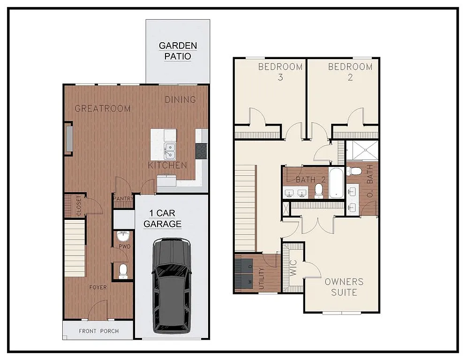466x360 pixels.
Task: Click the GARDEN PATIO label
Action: pos(178,51)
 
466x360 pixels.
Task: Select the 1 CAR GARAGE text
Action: pos(162,219)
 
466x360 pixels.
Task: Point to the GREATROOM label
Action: pos(103,108)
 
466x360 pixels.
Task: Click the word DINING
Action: pos(180,99)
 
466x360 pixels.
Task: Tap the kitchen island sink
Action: pos(169,150)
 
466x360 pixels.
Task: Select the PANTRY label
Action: pos(123,198)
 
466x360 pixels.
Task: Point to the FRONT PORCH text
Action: pos(98,331)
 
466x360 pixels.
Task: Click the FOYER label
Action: pos(98,287)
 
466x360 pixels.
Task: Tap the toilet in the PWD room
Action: pos(123,270)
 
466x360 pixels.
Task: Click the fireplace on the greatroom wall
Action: pos(69,139)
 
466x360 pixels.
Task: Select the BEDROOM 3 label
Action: pos(280,72)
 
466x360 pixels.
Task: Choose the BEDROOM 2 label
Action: pos(350,72)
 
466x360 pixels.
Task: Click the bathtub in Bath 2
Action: pos(336,183)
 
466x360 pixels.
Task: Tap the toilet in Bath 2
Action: pos(319,189)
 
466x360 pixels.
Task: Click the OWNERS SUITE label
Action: pos(344,287)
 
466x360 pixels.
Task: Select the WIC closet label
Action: pos(293,269)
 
